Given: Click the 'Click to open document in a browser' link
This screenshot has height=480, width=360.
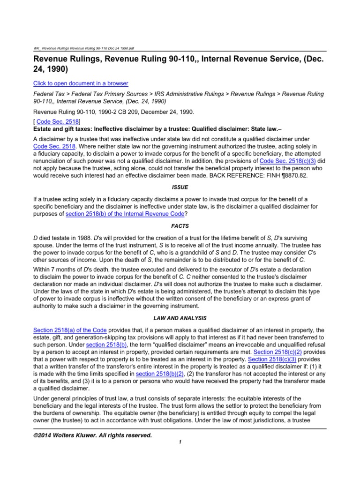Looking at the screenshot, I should [80, 83].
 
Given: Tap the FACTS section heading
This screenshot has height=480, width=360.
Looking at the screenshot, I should [180, 226].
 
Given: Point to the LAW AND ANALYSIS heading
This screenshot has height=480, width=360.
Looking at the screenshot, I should [180, 318].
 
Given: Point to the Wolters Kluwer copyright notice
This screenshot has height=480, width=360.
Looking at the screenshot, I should [92, 435].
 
